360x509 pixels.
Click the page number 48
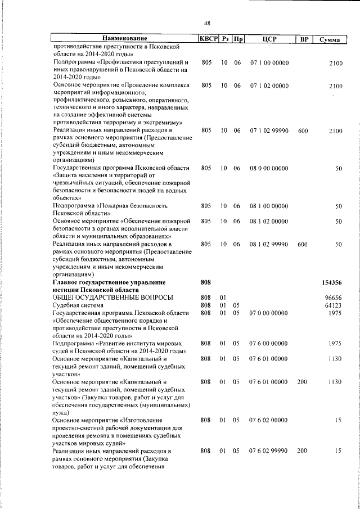(207, 23)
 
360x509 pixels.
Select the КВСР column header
(209, 39)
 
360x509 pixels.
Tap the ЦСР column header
(268, 39)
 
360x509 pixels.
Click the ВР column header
(304, 39)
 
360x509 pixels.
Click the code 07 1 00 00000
(269, 63)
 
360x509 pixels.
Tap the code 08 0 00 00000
(269, 168)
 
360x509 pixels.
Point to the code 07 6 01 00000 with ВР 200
(269, 382)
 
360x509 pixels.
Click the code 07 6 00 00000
(269, 343)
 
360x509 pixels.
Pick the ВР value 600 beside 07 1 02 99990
(303, 130)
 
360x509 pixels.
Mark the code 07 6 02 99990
(269, 451)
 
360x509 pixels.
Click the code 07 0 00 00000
(269, 313)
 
